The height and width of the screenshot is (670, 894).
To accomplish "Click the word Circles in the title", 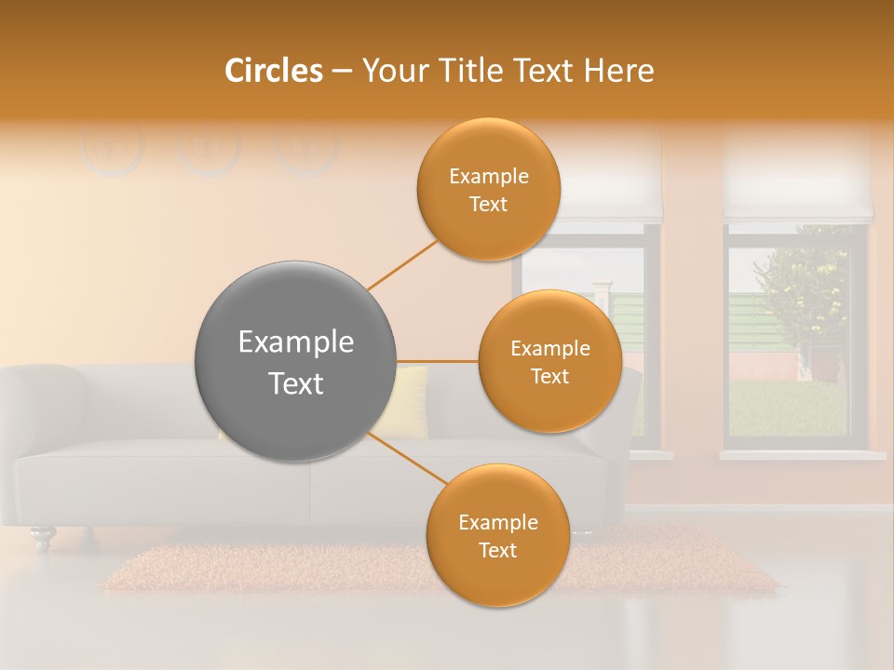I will coord(273,71).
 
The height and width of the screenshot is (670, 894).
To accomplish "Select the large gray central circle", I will coord(295,361).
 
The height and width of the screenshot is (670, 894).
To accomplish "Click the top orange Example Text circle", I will coord(488,189).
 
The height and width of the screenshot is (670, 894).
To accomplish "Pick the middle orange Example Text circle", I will coord(549,362).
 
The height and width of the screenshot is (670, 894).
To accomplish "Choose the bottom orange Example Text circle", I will coord(497,536).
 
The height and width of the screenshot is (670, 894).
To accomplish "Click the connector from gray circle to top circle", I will coord(402,264).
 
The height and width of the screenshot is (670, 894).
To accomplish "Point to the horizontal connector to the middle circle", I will coord(437,361).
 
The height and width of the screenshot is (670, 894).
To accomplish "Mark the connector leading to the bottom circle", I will coord(407,458).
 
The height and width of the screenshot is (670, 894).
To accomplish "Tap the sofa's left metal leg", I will coord(42,537).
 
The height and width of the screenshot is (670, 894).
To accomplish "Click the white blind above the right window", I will coord(798,177).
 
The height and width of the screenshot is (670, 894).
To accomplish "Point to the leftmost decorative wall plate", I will coord(112,147).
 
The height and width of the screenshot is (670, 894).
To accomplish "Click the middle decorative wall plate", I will coord(210,147).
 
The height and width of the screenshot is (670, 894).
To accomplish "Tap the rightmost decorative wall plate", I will coord(307,147).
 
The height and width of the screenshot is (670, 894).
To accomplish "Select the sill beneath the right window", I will coord(802,455).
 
